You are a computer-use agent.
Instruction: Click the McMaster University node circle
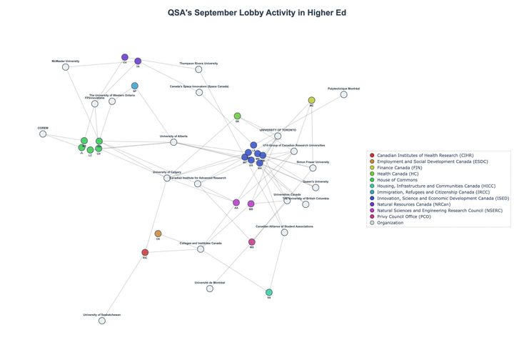(66, 68)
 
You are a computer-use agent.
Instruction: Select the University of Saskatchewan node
(101, 321)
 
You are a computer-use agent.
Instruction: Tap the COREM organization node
(43, 134)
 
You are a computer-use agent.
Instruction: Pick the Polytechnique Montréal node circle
(343, 94)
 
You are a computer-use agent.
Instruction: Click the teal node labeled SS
(269, 293)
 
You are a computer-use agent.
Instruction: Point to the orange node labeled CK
(158, 234)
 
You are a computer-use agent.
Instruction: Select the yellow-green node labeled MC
(311, 100)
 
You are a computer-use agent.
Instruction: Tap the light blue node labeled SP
(134, 86)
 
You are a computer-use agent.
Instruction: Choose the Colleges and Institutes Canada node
(201, 249)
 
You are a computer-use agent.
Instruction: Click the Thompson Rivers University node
(198, 69)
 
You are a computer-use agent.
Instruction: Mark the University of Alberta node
(173, 142)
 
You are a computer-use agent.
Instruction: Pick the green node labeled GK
(237, 116)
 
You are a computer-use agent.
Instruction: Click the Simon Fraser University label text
(313, 162)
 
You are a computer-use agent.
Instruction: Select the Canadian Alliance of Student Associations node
(284, 232)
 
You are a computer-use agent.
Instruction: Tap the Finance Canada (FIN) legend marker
(371, 169)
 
